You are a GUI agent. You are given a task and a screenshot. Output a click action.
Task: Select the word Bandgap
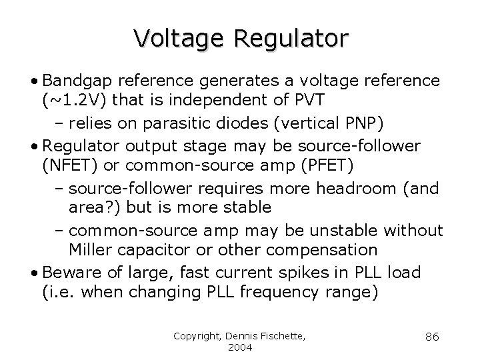(75, 81)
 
